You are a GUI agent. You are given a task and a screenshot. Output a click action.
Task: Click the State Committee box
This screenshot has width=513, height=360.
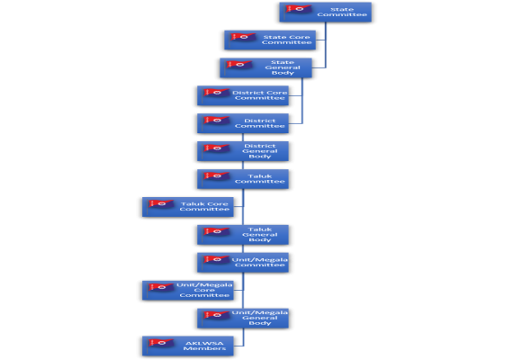click(x=325, y=12)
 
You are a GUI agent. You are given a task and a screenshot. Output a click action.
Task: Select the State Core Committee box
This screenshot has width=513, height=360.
click(x=270, y=40)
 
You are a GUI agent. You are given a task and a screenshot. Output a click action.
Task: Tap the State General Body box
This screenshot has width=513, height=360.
click(x=265, y=67)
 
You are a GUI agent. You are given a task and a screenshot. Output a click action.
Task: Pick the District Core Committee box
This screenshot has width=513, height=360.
click(x=243, y=95)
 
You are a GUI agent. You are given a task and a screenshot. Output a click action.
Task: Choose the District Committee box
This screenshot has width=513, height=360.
click(x=243, y=123)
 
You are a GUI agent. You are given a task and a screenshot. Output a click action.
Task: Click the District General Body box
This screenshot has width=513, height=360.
click(x=243, y=151)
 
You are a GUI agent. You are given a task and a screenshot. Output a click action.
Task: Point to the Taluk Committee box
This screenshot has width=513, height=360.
click(x=243, y=179)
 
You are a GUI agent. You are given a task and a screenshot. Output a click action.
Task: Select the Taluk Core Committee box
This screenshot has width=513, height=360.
click(x=188, y=207)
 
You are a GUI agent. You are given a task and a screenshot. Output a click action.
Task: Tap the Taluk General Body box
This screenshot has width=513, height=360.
click(x=243, y=235)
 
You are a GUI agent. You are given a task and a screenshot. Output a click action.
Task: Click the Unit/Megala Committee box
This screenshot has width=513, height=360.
click(x=243, y=263)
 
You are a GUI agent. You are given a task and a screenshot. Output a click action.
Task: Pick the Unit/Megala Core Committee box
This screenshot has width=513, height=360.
click(x=188, y=291)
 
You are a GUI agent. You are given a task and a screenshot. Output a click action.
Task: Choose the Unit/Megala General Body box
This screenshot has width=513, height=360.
click(x=243, y=318)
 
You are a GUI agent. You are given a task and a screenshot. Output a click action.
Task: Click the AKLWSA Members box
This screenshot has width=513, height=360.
click(x=188, y=346)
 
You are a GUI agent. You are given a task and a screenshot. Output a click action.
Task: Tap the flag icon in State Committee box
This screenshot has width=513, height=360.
click(x=298, y=9)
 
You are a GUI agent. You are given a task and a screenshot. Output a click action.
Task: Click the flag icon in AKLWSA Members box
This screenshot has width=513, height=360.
click(x=160, y=343)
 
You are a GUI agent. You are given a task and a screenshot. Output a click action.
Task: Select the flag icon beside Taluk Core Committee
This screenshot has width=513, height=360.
click(x=160, y=204)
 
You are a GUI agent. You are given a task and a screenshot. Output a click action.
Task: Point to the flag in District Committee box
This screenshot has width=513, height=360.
click(x=216, y=121)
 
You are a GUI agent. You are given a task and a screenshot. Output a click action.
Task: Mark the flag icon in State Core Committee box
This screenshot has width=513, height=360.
click(x=243, y=37)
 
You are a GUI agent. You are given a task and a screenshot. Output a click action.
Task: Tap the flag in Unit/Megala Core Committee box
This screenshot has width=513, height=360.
click(x=160, y=287)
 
